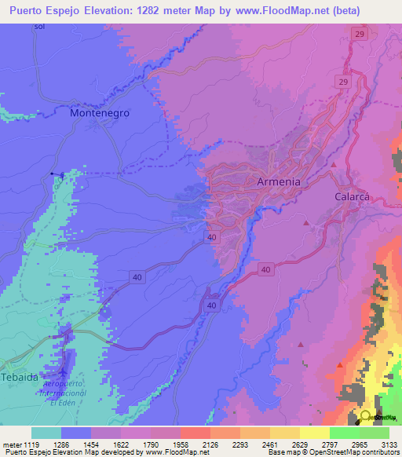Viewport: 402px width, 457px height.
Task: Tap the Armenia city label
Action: click(x=279, y=181)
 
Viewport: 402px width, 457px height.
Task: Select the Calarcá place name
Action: click(x=352, y=197)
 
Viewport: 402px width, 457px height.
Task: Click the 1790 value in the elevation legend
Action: click(x=160, y=444)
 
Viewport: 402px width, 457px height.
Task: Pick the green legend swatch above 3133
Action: click(x=375, y=433)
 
